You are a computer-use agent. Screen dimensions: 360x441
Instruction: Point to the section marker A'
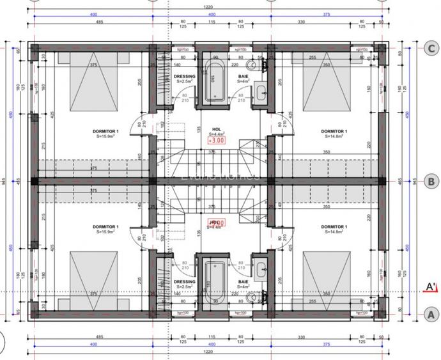(x=431, y=287)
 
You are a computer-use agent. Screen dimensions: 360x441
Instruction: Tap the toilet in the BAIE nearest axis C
(x=252, y=65)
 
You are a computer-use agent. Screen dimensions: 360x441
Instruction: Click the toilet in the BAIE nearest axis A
(x=252, y=297)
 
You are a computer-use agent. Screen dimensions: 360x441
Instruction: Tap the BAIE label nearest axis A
(x=243, y=281)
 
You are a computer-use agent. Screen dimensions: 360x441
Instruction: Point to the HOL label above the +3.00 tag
(x=216, y=128)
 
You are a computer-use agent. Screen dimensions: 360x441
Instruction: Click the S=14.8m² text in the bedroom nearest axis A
(x=333, y=232)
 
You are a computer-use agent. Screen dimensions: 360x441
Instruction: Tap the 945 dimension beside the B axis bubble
(x=415, y=181)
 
